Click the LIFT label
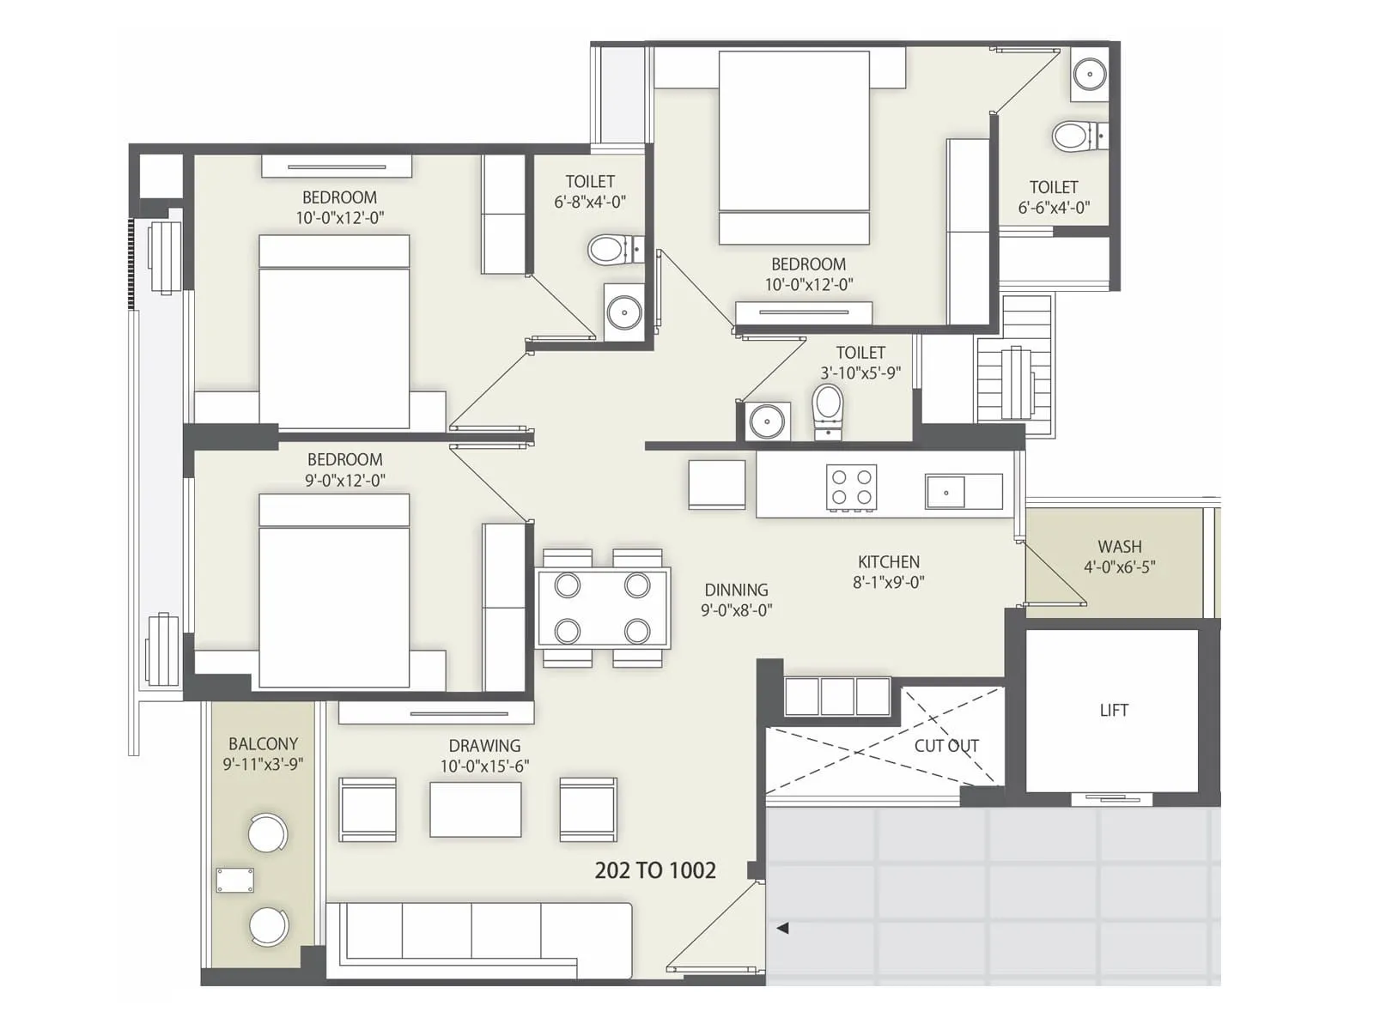click(1114, 711)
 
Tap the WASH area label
click(1119, 547)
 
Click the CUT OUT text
click(945, 746)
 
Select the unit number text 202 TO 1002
click(655, 870)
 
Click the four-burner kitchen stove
click(852, 488)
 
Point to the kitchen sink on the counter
click(946, 493)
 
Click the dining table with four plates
click(603, 608)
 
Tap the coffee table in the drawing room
click(475, 809)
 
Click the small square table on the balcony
click(234, 881)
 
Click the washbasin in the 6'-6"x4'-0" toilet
click(1090, 75)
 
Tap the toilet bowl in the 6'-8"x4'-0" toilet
click(609, 251)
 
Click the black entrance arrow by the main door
click(782, 928)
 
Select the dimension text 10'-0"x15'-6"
click(484, 766)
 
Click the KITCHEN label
click(888, 562)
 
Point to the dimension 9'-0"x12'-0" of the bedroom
click(344, 481)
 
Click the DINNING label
click(736, 591)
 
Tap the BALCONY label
click(263, 744)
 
